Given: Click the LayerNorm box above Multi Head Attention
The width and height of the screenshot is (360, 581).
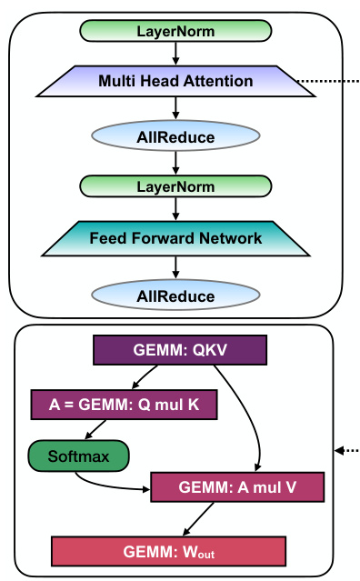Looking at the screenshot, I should coord(175,31).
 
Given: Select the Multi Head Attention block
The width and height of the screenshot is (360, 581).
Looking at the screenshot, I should coord(175,82).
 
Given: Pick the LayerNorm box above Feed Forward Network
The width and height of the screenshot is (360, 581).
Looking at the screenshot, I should coord(175,186).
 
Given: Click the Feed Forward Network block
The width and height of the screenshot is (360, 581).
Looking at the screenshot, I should coord(175,238).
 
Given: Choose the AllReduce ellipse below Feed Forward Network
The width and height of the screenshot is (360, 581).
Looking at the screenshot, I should coord(175,296).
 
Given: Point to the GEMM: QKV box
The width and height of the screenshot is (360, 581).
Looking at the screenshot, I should coord(180,350).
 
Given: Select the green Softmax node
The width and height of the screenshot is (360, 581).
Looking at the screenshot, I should coord(78,456).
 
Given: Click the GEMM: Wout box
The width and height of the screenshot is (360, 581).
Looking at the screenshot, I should coord(169,551).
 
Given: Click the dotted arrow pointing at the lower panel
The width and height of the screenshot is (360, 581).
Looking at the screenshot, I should coord(348,451).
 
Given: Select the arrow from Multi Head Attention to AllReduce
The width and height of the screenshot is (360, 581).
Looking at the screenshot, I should coord(175,109).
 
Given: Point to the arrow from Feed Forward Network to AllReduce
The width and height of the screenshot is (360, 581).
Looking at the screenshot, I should coord(175,267).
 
